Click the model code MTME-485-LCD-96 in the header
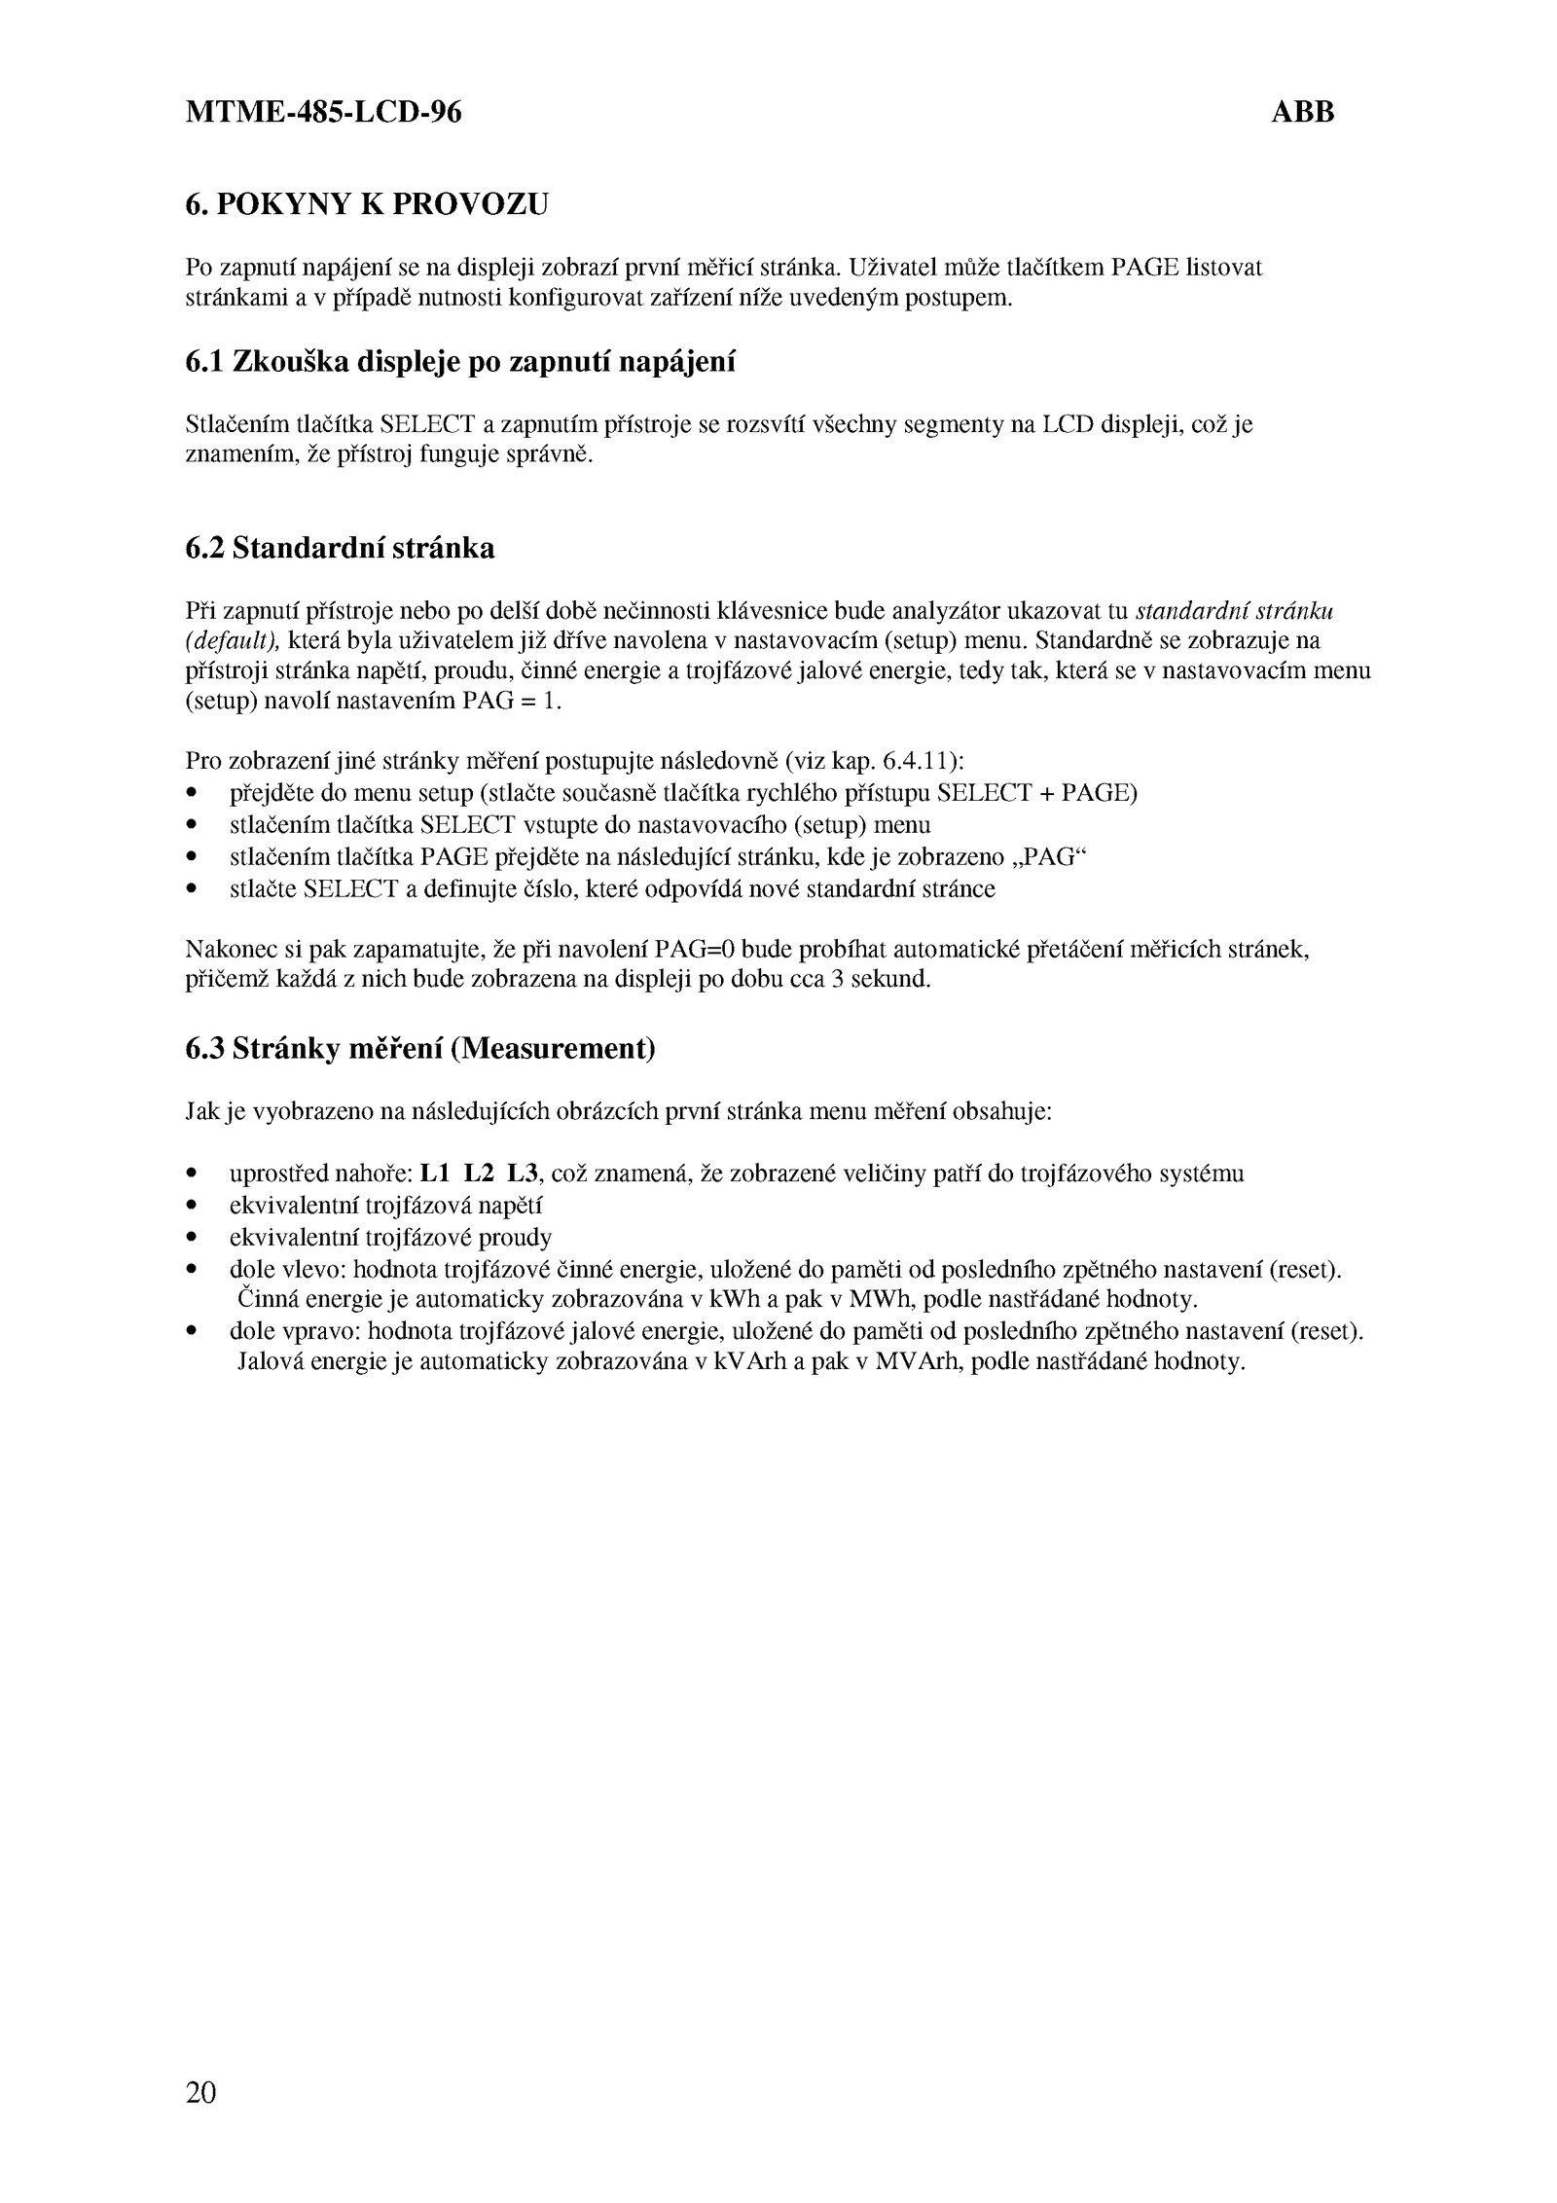point(323,114)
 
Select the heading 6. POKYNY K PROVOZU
point(367,204)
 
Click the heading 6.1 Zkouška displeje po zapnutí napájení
point(459,362)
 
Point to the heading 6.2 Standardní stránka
point(340,549)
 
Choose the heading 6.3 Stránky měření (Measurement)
point(419,1049)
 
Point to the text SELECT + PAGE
point(1035,792)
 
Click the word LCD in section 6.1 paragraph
point(1068,424)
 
